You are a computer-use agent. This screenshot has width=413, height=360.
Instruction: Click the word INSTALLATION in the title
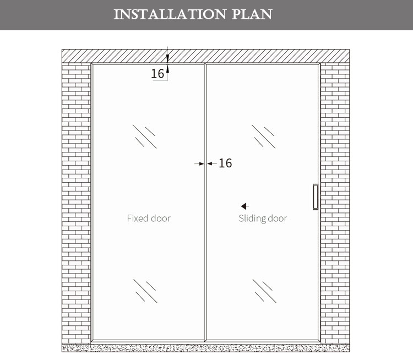click(x=170, y=14)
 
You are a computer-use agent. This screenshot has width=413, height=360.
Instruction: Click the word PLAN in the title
click(x=252, y=14)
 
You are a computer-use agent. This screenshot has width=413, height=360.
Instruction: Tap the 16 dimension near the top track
click(x=157, y=74)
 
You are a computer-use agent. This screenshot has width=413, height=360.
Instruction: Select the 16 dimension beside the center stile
click(x=225, y=163)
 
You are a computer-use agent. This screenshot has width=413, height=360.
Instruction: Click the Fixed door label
click(x=149, y=219)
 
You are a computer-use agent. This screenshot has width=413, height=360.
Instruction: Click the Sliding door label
click(x=263, y=219)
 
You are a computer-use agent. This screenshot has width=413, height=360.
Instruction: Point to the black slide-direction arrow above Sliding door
click(x=245, y=206)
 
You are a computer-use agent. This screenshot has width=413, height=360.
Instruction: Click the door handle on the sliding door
click(x=316, y=197)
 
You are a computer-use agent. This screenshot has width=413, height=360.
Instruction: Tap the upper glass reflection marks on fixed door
click(x=145, y=137)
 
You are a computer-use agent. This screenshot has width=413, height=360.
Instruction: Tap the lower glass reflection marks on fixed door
click(x=145, y=291)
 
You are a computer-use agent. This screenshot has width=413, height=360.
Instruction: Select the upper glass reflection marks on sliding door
click(x=264, y=137)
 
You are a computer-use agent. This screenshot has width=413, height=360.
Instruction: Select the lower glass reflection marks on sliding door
click(x=264, y=291)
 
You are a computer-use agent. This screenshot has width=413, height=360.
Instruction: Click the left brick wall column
click(x=77, y=203)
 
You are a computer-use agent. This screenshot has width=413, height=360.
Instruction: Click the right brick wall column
click(x=335, y=203)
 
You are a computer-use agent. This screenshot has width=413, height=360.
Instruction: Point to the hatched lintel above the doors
click(x=206, y=56)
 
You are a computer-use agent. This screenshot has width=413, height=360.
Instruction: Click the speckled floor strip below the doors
click(x=206, y=348)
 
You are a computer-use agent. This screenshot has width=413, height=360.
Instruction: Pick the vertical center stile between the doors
click(x=205, y=202)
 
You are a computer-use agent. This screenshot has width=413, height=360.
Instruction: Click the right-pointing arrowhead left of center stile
click(x=202, y=164)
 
